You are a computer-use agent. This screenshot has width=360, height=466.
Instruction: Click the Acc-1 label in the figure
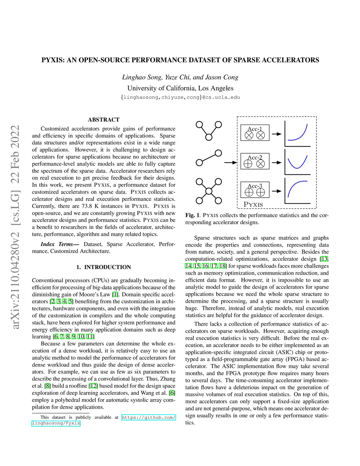point(255,129)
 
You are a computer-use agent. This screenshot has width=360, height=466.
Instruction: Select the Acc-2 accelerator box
point(255,161)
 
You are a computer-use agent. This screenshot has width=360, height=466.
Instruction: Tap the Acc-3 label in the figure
point(255,186)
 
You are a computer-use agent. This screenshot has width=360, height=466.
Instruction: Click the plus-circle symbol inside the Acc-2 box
point(248,164)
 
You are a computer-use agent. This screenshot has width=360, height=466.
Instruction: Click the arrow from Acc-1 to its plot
point(277,134)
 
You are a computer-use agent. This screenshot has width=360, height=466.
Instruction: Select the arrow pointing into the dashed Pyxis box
point(231,162)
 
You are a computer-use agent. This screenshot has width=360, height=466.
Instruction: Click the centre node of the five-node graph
point(209,191)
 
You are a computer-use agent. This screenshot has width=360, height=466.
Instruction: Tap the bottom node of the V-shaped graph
point(209,137)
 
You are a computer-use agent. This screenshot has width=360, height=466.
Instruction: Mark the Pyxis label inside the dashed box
point(253,205)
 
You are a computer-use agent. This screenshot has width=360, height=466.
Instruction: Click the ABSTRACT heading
point(104,120)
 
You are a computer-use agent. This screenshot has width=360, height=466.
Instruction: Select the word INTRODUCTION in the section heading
point(108,267)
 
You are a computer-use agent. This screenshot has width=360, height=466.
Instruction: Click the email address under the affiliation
point(180,97)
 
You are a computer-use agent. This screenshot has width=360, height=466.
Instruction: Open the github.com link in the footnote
point(148,417)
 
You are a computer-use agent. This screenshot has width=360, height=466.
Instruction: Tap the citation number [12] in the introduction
point(93,386)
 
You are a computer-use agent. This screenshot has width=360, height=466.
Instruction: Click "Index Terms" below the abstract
point(57,244)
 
